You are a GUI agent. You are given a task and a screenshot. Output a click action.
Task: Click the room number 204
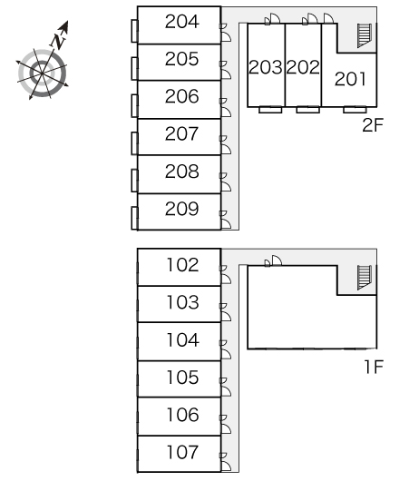(x=181, y=22)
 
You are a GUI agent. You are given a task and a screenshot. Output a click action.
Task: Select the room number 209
(x=181, y=209)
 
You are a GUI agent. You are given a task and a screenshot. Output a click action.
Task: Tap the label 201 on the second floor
(x=350, y=79)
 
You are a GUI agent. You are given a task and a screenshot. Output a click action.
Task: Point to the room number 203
(x=266, y=67)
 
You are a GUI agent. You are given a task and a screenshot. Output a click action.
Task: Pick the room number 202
(x=303, y=67)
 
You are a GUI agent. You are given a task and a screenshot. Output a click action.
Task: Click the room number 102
(x=182, y=265)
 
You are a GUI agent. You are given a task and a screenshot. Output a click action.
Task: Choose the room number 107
(x=182, y=452)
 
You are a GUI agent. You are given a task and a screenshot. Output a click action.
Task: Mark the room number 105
(x=182, y=377)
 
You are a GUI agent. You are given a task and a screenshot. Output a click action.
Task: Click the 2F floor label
(x=373, y=125)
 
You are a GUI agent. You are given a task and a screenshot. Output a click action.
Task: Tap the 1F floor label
(x=374, y=367)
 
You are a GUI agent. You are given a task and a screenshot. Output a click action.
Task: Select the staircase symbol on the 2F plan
(x=365, y=35)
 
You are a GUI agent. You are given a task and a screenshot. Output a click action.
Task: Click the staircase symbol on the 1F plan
(x=365, y=278)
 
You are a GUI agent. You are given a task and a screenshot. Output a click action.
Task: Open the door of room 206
(x=225, y=108)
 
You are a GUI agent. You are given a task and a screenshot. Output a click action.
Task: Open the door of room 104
(x=225, y=349)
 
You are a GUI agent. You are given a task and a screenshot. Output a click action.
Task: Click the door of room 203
(x=272, y=19)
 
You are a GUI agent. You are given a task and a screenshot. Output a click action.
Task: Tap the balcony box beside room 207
(x=134, y=143)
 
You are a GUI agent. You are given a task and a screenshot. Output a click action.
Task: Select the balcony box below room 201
(x=355, y=110)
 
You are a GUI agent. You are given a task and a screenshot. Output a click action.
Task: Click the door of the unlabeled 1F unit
(x=273, y=260)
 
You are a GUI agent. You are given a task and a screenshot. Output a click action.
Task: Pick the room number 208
(x=181, y=172)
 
